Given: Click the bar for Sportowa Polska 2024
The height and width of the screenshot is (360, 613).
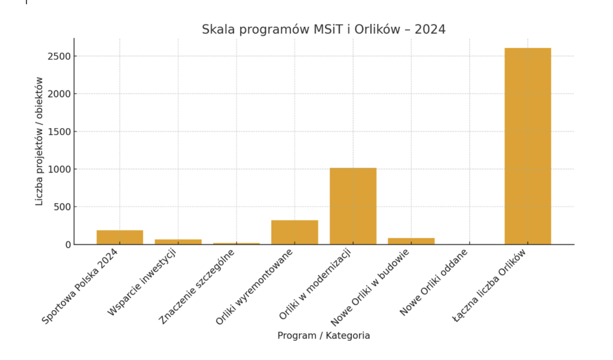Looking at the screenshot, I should [x=120, y=237].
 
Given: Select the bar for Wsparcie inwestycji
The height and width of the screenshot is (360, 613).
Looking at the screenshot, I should [x=178, y=241].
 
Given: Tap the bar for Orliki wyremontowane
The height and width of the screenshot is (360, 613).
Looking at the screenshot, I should [x=295, y=232].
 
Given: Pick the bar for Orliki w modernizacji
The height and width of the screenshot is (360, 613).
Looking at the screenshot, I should [x=353, y=206].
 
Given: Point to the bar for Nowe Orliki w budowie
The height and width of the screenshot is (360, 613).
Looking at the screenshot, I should [x=411, y=241].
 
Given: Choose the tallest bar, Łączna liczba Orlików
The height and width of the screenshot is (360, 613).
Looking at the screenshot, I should [x=527, y=146].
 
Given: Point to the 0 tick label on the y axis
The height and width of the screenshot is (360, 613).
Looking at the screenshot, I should [x=68, y=244].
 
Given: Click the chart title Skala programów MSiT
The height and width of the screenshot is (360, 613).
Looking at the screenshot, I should [x=323, y=29].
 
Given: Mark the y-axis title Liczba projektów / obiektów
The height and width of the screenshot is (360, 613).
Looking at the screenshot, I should [x=40, y=141].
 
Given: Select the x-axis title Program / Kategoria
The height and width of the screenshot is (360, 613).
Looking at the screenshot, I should [x=323, y=335].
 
